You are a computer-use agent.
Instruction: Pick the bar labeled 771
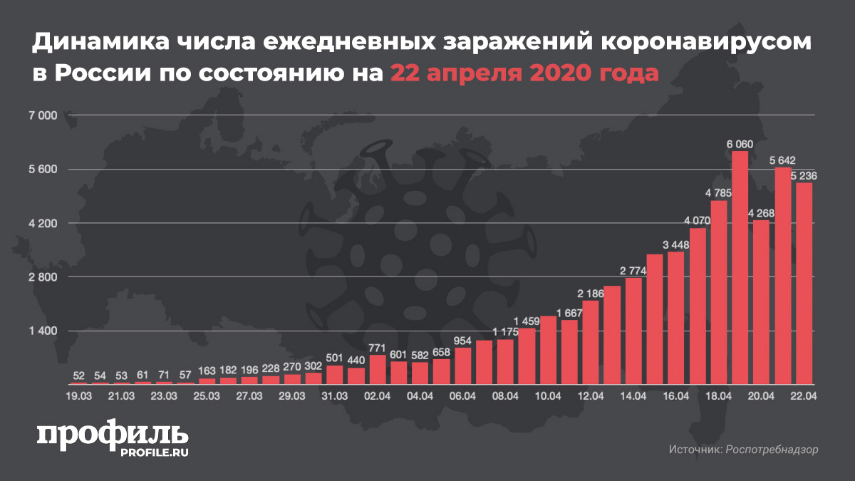tap(378, 370)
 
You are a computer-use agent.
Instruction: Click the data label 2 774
tap(633, 271)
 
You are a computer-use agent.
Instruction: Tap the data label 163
tap(207, 371)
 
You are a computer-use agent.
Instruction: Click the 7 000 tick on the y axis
tap(41, 115)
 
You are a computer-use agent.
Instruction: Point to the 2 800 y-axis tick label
tap(41, 277)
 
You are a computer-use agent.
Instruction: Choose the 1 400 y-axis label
tap(41, 331)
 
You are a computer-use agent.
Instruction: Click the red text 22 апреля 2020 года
tap(524, 73)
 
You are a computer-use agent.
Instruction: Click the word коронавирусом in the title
tap(708, 44)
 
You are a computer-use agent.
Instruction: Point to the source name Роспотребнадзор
tap(772, 450)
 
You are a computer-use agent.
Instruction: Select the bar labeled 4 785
tap(719, 292)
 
